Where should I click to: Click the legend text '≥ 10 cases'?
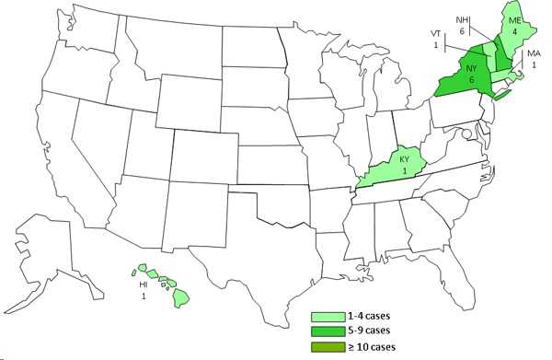tap(370, 346)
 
